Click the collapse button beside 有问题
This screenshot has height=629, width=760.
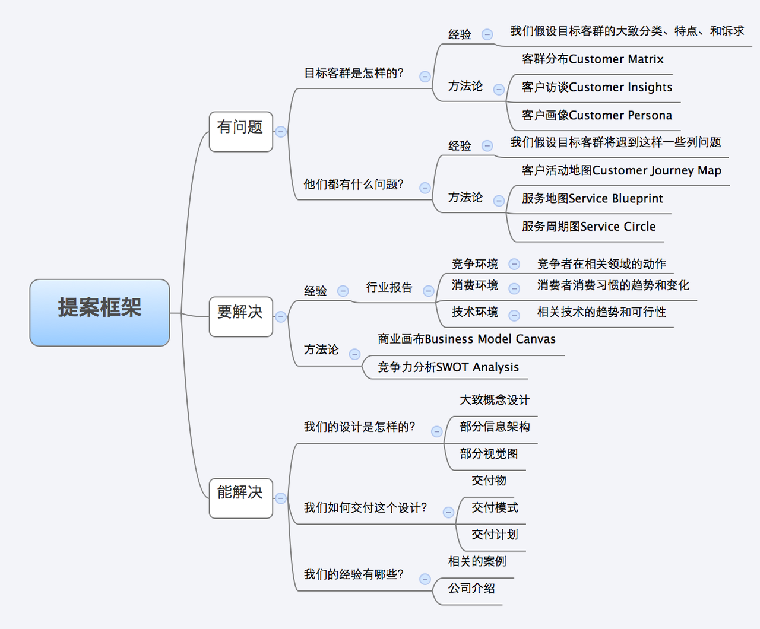[x=281, y=132]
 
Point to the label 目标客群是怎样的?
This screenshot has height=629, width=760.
[x=354, y=73]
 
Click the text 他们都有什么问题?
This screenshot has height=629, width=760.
[x=354, y=185]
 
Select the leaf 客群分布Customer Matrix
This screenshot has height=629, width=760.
[x=593, y=59]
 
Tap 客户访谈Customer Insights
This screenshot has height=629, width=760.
[x=597, y=87]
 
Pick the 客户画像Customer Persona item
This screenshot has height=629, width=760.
[x=597, y=115]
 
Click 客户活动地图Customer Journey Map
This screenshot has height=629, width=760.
[x=621, y=171]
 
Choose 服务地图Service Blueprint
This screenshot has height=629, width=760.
[x=592, y=199]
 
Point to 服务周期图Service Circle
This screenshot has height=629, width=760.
[x=588, y=227]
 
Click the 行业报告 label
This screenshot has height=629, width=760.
[x=389, y=287]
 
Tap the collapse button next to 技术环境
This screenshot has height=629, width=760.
[x=514, y=316]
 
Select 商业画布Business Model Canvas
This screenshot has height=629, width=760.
[x=467, y=339]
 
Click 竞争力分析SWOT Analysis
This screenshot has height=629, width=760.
[x=448, y=367]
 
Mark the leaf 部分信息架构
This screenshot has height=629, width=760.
[x=495, y=427]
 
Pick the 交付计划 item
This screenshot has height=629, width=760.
[x=495, y=535]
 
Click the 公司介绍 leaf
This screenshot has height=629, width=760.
[x=471, y=589]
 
